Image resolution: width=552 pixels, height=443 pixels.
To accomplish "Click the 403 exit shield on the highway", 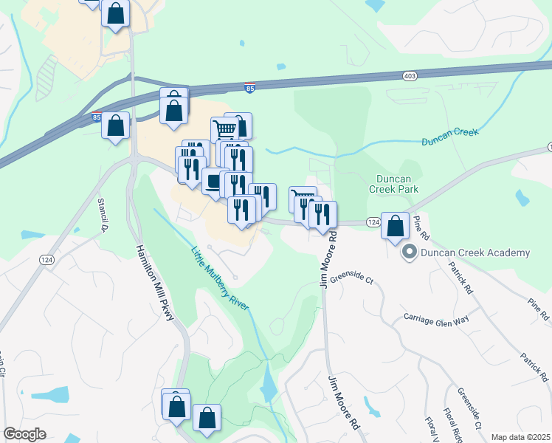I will (x=410, y=75).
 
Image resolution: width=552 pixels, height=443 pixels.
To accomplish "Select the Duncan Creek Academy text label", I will (x=475, y=253).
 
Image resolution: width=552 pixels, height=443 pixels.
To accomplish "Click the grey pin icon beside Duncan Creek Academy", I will (x=408, y=253).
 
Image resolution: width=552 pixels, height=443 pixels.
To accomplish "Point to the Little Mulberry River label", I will (x=220, y=278).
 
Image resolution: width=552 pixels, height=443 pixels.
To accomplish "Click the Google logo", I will (x=24, y=434).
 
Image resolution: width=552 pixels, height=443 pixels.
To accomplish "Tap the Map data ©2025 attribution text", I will (x=520, y=437).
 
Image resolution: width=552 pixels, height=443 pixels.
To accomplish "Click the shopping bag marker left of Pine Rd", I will (x=396, y=226).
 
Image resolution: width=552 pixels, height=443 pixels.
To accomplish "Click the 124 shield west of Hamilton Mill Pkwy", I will (x=47, y=259).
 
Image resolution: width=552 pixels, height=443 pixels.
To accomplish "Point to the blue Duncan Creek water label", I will (x=449, y=137).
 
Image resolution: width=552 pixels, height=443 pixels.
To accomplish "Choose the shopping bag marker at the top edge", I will (x=116, y=13).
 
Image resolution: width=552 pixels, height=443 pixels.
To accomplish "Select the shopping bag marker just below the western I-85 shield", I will (x=116, y=126).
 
